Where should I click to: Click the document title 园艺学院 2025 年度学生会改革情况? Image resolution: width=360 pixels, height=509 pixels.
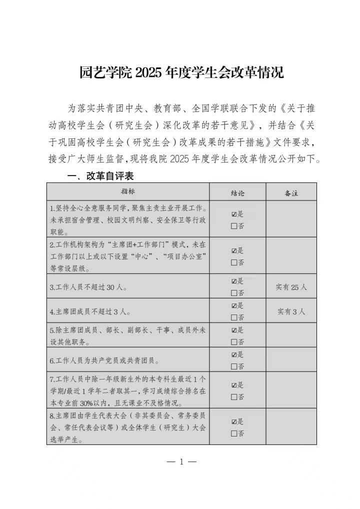pyautogui.click(x=181, y=72)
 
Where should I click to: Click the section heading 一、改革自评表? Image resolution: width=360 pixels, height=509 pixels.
pyautogui.click(x=100, y=176)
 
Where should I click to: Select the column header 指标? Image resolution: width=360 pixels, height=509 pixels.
pyautogui.click(x=128, y=191)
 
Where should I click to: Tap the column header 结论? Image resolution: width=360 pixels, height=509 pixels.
pyautogui.click(x=237, y=192)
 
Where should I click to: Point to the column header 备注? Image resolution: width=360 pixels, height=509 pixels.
pyautogui.click(x=291, y=192)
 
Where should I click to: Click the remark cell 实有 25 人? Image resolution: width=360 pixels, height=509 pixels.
pyautogui.click(x=291, y=287)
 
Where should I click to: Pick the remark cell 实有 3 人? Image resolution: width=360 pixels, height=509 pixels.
pyautogui.click(x=291, y=311)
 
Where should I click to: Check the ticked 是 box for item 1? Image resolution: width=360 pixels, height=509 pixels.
pyautogui.click(x=233, y=214)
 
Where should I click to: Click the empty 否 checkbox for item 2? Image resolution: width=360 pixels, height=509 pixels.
pyautogui.click(x=233, y=262)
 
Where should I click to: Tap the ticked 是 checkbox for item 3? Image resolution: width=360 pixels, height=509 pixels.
pyautogui.click(x=233, y=281)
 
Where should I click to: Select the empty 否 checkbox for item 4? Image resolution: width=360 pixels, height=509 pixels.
pyautogui.click(x=233, y=317)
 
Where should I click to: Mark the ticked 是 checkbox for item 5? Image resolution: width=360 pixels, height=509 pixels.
pyautogui.click(x=233, y=330)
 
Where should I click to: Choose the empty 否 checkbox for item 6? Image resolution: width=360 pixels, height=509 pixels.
pyautogui.click(x=233, y=366)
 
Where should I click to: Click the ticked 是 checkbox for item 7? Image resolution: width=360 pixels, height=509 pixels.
pyautogui.click(x=233, y=385)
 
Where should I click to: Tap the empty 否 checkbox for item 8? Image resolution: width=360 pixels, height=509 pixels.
pyautogui.click(x=233, y=433)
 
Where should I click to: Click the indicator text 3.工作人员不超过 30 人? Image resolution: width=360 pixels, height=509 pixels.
pyautogui.click(x=88, y=287)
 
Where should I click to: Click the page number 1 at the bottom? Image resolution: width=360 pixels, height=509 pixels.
pyautogui.click(x=181, y=461)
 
